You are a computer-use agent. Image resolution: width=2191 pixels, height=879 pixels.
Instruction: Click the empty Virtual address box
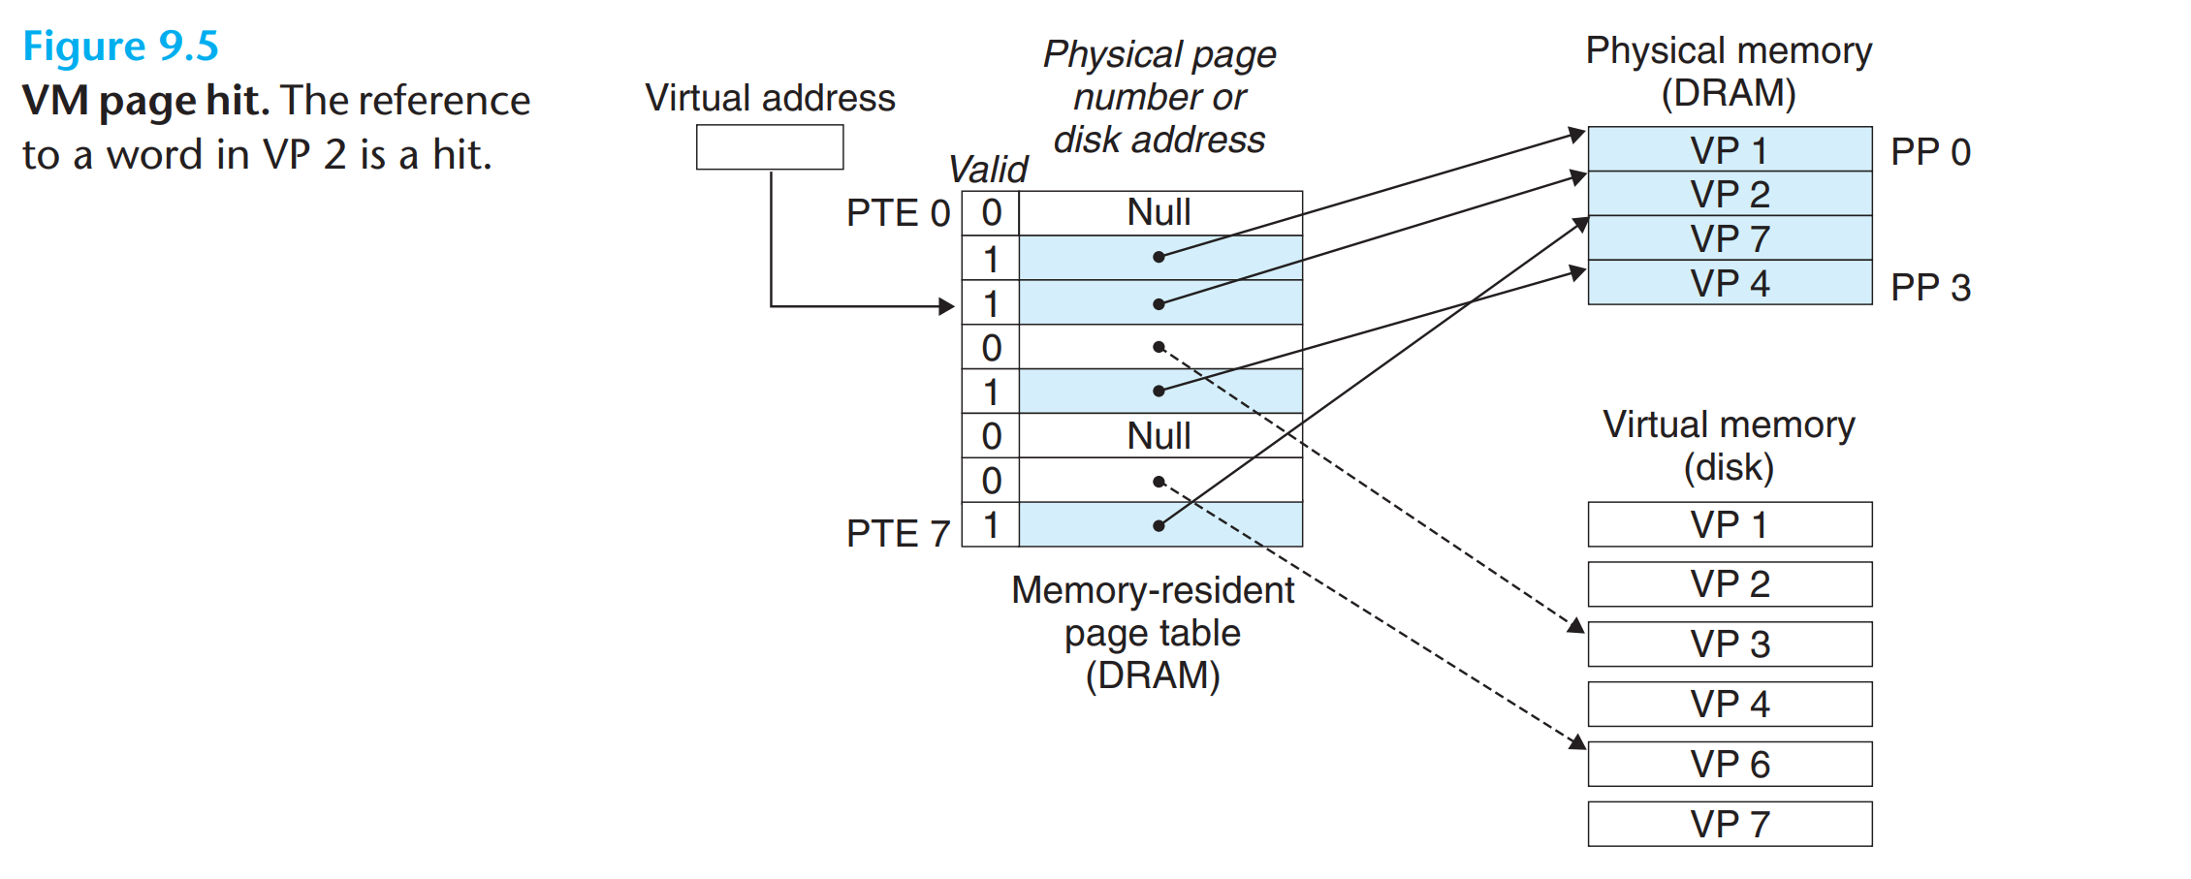[x=770, y=147]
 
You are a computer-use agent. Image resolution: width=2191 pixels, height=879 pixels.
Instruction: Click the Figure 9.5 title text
[x=121, y=47]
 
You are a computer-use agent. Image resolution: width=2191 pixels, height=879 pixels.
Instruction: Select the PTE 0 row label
[x=897, y=213]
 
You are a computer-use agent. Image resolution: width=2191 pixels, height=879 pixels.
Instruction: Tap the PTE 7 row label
[x=897, y=534]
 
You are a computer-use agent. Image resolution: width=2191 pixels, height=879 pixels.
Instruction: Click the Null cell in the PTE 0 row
[x=1159, y=213]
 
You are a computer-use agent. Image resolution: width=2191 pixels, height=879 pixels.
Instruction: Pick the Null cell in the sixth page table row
[x=1159, y=436]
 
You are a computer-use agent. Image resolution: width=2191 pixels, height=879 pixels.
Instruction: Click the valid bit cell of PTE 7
[x=990, y=525]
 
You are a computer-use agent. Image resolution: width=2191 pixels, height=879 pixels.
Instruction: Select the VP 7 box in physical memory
[x=1730, y=238]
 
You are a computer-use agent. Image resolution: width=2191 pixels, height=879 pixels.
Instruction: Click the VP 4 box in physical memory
[x=1730, y=283]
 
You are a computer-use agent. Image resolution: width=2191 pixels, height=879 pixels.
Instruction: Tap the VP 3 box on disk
[x=1730, y=644]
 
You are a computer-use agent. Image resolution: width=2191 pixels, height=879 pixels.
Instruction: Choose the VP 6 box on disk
[x=1730, y=765]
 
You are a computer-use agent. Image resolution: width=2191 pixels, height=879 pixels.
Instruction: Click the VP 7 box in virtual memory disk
[x=1730, y=825]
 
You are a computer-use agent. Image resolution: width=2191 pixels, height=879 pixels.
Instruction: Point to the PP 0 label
[x=1930, y=152]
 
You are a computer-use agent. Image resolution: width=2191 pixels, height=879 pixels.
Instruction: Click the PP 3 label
[x=1930, y=288]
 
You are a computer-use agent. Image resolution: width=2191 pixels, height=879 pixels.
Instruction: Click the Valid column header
[x=988, y=170]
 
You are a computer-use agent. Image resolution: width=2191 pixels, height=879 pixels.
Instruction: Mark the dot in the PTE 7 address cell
[x=1159, y=525]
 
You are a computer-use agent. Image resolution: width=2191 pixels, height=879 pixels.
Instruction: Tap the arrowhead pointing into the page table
[x=947, y=307]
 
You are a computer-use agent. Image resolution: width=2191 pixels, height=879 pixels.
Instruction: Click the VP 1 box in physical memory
[x=1730, y=150]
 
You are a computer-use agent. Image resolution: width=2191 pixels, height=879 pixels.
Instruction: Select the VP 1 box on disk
[x=1730, y=525]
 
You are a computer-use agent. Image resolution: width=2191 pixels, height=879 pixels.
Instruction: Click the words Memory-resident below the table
[x=1152, y=590]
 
